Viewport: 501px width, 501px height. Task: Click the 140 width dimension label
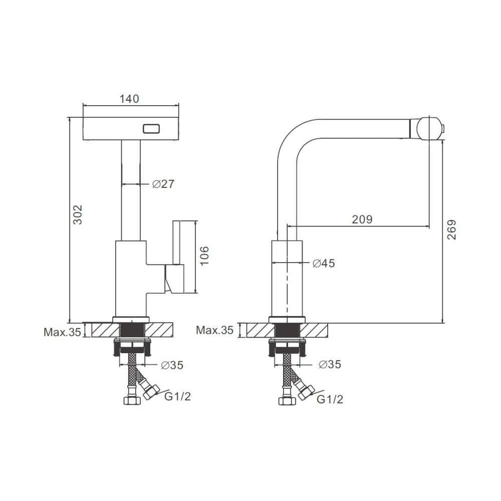pyautogui.click(x=129, y=99)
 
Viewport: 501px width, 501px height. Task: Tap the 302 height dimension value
pyautogui.click(x=78, y=214)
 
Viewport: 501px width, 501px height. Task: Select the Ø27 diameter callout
pyautogui.click(x=163, y=184)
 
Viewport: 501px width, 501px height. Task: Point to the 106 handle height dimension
pyautogui.click(x=204, y=256)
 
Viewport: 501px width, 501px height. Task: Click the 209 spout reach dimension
pyautogui.click(x=362, y=219)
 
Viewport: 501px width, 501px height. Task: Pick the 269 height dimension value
pyautogui.click(x=451, y=230)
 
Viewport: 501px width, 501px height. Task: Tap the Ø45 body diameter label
pyautogui.click(x=324, y=264)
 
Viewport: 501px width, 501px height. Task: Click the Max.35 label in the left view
pyautogui.click(x=62, y=332)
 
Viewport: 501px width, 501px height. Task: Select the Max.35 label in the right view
pyautogui.click(x=215, y=330)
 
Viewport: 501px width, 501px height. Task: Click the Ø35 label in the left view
pyautogui.click(x=172, y=365)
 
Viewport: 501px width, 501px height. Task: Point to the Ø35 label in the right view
pyautogui.click(x=330, y=364)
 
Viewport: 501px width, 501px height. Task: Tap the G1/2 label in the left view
pyautogui.click(x=178, y=396)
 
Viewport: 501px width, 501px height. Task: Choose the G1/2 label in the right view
pyautogui.click(x=330, y=399)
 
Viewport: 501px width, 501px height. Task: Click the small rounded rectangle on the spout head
pyautogui.click(x=151, y=129)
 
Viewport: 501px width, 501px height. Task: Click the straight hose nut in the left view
pyautogui.click(x=132, y=401)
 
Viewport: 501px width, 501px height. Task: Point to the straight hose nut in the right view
pyautogui.click(x=287, y=401)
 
